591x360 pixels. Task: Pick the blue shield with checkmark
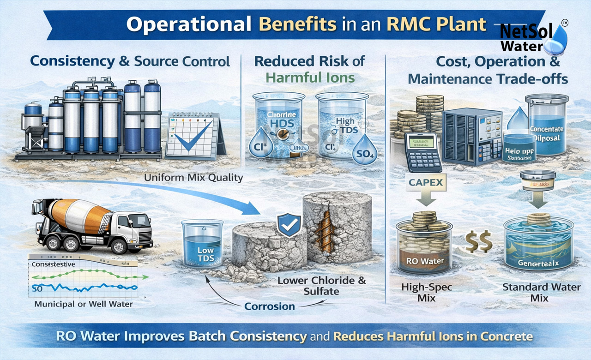(289, 225)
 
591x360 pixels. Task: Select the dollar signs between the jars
(477, 242)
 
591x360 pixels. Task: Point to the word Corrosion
(270, 306)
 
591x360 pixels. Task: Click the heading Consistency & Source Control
(130, 61)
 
